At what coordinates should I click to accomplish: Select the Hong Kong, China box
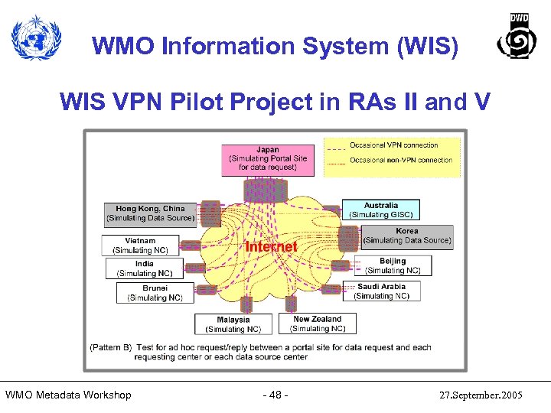tap(150, 213)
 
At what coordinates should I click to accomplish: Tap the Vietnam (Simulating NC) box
tap(140, 245)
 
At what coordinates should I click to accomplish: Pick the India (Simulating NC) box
tap(144, 268)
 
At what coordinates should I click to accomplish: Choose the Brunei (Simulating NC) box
tap(155, 293)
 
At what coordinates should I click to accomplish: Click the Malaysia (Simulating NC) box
tap(233, 324)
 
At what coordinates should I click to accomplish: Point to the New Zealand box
tap(318, 324)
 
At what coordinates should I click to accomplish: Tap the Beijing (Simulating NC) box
tap(393, 265)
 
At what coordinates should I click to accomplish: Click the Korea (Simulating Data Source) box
tap(406, 236)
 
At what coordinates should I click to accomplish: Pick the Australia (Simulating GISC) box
tap(380, 210)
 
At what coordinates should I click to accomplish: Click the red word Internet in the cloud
tap(271, 246)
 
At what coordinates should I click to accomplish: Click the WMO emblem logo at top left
tap(35, 38)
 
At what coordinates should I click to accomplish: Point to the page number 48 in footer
tap(275, 395)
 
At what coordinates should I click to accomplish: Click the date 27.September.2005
tap(481, 395)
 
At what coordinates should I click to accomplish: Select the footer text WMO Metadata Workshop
tap(68, 395)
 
